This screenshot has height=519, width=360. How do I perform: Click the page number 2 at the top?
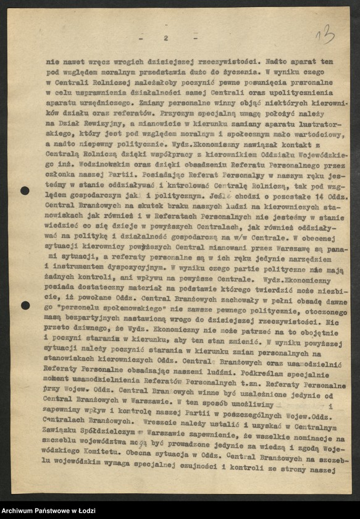(166, 38)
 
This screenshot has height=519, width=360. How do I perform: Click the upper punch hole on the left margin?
(25, 191)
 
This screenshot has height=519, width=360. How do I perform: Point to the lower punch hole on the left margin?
(25, 305)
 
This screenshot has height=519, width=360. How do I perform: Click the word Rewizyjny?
(106, 124)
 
